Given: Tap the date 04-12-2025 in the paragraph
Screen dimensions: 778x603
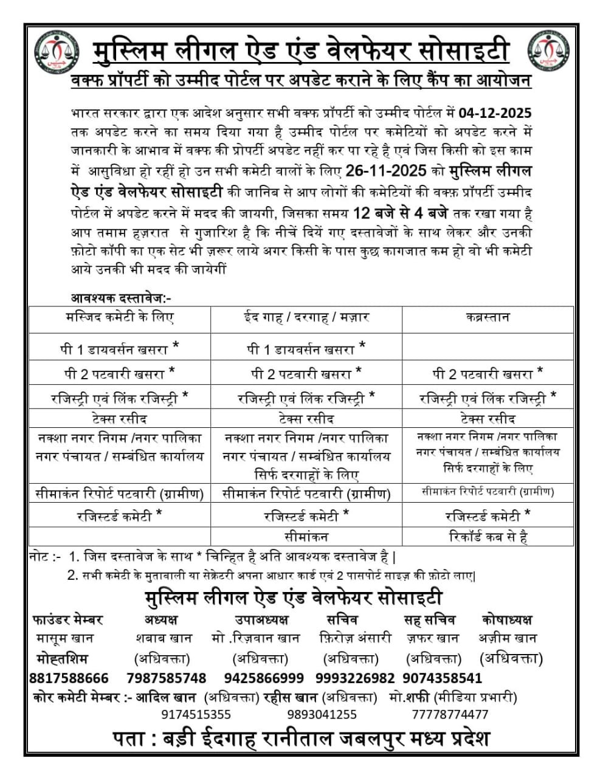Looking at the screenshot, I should point(495,113).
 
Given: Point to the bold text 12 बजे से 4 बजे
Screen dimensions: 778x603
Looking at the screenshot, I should point(401,213).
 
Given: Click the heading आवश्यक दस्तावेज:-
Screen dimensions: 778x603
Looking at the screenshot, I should point(121,298).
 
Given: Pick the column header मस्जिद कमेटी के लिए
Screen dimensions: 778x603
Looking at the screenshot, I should point(120,317).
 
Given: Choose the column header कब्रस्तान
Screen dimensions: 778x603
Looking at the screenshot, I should point(488,317).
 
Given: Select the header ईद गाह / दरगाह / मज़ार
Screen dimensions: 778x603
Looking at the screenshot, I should point(306,317).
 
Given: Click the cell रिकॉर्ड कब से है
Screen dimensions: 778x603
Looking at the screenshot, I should point(488,537).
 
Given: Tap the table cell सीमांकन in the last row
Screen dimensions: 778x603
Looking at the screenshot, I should point(306,537).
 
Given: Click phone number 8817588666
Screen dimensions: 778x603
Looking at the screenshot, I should point(69,678).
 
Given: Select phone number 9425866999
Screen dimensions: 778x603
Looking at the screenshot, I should point(264,678).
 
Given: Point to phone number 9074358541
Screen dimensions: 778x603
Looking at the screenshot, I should point(442,678).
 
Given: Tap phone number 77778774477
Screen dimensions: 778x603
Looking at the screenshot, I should point(450,714).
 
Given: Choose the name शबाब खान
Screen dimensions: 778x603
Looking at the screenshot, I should point(164,638).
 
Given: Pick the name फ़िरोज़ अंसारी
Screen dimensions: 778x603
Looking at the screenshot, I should point(355,638).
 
